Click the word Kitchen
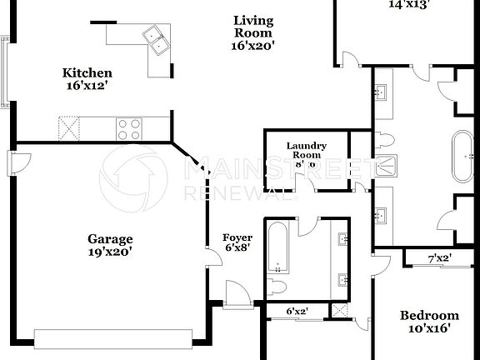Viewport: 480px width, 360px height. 87,73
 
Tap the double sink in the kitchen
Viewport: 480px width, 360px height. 155,37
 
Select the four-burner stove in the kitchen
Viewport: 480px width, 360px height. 128,128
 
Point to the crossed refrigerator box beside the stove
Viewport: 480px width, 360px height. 68,128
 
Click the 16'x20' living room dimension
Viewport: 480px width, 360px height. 254,46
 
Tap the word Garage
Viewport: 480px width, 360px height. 110,240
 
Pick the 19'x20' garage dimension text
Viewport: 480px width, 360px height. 110,252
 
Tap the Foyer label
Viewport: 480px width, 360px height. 237,238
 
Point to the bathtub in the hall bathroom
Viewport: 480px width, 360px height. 277,247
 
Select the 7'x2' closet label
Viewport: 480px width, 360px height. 440,258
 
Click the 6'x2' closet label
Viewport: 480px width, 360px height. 297,312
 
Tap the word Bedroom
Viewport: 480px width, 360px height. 429,315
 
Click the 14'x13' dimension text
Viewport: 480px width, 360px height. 408,3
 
